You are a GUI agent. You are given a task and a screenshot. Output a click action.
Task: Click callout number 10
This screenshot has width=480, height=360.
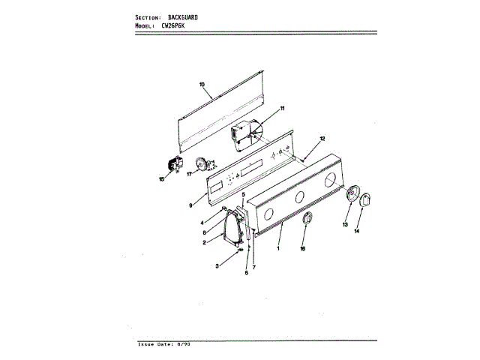pos(202,85)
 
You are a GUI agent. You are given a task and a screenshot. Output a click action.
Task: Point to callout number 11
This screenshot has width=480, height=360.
pos(282,109)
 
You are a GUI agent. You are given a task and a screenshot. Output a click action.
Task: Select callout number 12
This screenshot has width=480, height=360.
pos(322,139)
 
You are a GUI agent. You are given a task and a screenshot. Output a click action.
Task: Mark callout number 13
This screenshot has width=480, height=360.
pos(346,224)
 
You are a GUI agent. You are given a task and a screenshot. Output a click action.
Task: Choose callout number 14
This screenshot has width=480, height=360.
pos(356,232)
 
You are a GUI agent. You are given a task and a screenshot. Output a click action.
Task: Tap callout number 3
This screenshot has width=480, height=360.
pos(217,266)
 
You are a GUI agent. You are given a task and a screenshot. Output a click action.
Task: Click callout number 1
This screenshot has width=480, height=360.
pos(278,247)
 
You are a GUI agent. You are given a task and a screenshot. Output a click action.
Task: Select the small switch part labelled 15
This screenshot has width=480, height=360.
pos(174,166)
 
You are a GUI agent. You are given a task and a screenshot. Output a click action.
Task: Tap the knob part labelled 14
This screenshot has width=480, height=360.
pos(366,202)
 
